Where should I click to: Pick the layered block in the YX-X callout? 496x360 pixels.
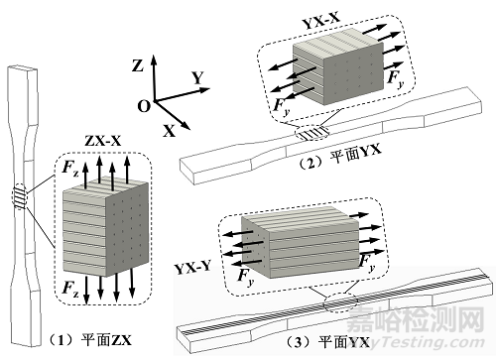tap(335, 70)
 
